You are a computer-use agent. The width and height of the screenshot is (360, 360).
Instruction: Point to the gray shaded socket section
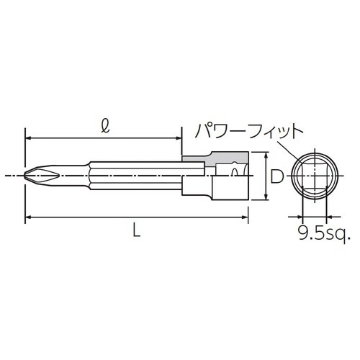216,158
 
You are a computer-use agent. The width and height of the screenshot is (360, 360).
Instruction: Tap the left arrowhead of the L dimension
29,216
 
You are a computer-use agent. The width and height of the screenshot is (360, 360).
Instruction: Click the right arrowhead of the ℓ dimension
177,137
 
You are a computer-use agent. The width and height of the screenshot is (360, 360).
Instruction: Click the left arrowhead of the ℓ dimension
29,137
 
